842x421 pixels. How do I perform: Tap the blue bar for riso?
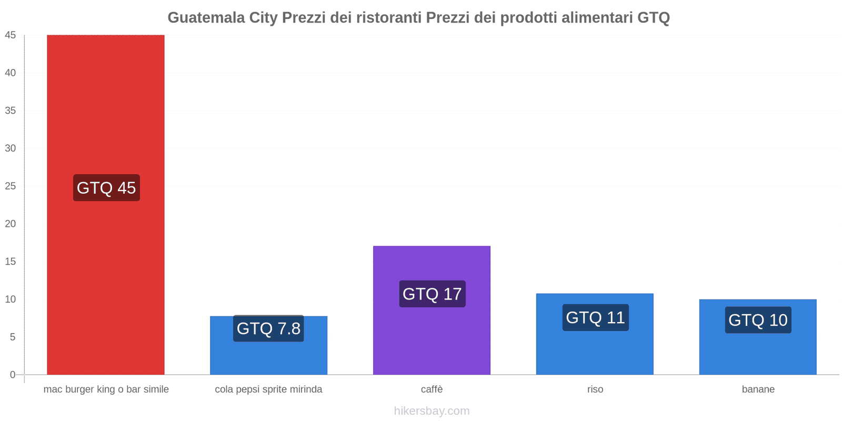pyautogui.click(x=595, y=350)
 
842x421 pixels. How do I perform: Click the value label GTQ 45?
pyautogui.click(x=106, y=188)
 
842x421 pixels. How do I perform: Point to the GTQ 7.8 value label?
pyautogui.click(x=268, y=328)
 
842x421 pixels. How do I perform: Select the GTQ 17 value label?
pyautogui.click(x=432, y=294)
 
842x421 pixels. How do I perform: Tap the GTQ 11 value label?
pyautogui.click(x=595, y=317)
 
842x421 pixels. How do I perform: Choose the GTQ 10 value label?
pyautogui.click(x=758, y=320)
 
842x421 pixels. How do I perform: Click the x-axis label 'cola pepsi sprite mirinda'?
pyautogui.click(x=268, y=389)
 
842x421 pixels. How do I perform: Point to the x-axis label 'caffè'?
pyautogui.click(x=432, y=389)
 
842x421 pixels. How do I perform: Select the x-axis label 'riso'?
pyautogui.click(x=595, y=389)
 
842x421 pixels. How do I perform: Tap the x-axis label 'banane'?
pyautogui.click(x=758, y=389)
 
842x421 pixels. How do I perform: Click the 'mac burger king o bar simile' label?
pyautogui.click(x=106, y=389)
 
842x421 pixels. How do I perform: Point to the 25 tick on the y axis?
pyautogui.click(x=11, y=186)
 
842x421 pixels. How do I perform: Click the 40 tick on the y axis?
pyautogui.click(x=11, y=73)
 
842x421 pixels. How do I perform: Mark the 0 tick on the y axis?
pyautogui.click(x=13, y=375)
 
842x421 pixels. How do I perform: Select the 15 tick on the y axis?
pyautogui.click(x=11, y=262)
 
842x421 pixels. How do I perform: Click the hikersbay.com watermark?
pyautogui.click(x=432, y=411)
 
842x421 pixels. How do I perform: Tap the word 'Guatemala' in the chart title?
pyautogui.click(x=206, y=18)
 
